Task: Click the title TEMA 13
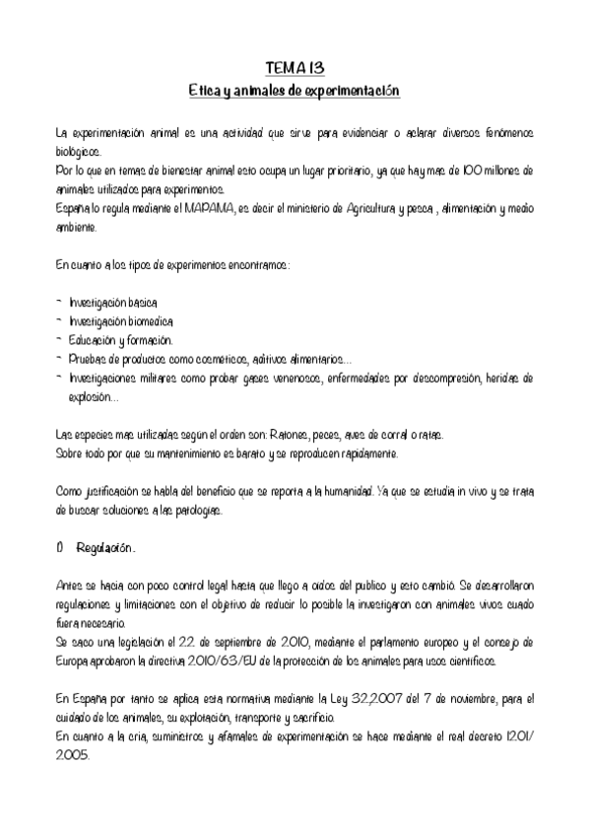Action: (295, 68)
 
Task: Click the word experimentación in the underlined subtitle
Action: (349, 90)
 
